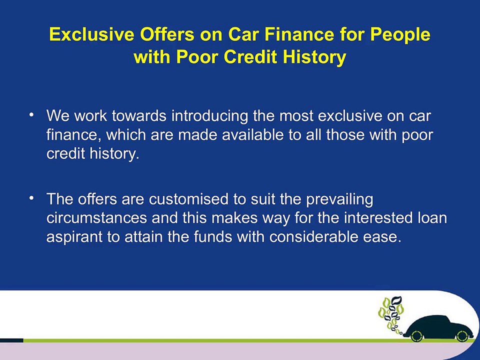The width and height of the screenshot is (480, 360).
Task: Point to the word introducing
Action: click(210, 116)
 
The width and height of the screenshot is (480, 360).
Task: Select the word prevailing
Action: click(340, 199)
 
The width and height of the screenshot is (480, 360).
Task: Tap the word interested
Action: click(375, 218)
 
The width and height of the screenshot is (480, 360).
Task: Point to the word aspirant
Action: click(74, 237)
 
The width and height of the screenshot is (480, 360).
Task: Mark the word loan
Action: click(431, 218)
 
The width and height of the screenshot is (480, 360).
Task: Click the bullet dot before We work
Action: click(31, 115)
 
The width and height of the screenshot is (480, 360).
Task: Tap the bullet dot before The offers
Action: click(31, 198)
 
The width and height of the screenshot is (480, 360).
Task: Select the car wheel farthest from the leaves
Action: click(462, 335)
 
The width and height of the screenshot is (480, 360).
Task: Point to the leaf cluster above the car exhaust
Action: click(391, 312)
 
